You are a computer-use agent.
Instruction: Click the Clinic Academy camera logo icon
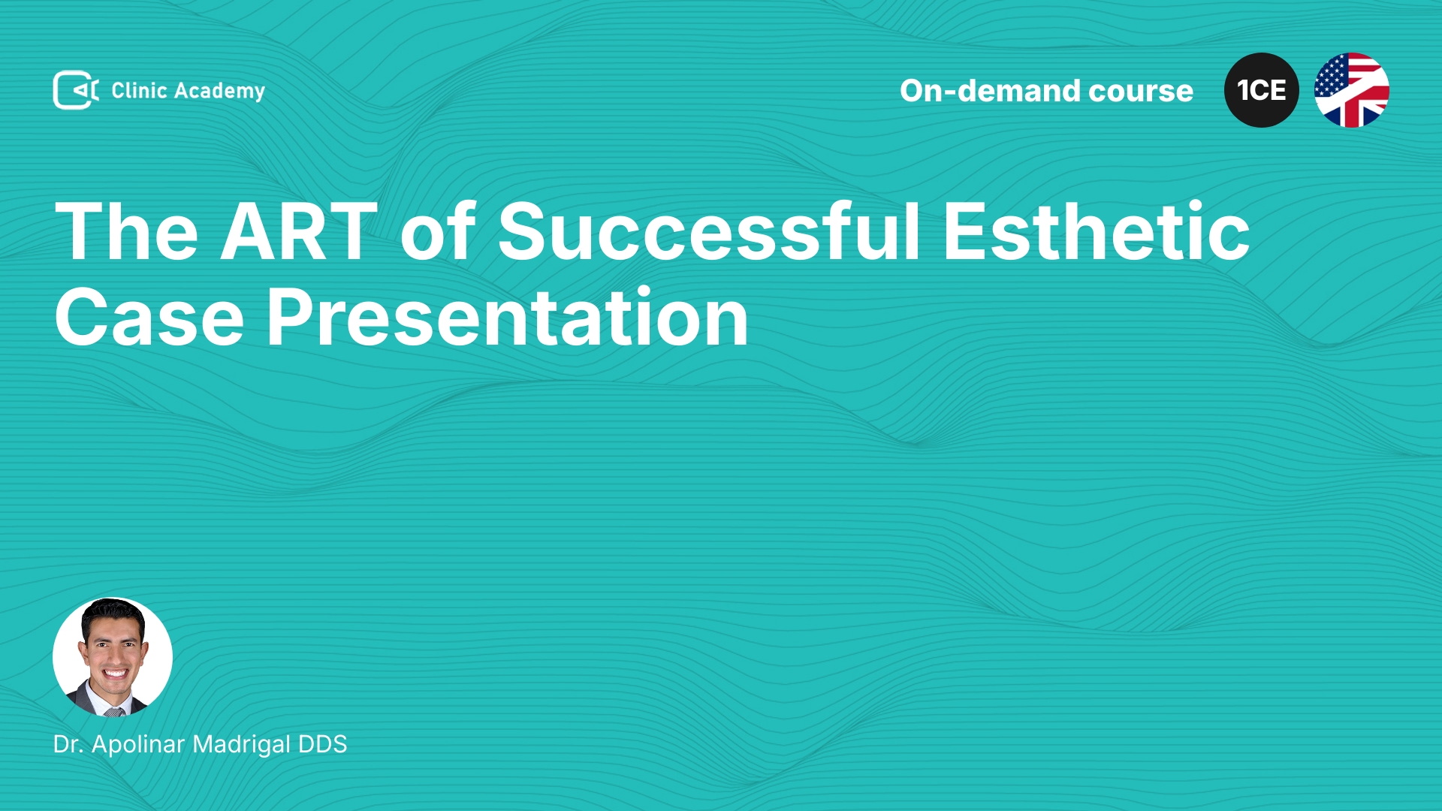tap(76, 90)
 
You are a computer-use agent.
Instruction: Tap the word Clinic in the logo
tap(139, 90)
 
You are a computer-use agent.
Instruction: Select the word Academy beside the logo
tap(219, 92)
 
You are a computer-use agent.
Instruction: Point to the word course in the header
tap(1141, 92)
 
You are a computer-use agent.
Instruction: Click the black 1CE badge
tap(1262, 90)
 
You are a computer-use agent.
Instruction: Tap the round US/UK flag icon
tap(1352, 90)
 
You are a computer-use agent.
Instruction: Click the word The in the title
tap(127, 231)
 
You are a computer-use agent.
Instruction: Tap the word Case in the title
tap(149, 318)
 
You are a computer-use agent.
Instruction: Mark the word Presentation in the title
tap(508, 318)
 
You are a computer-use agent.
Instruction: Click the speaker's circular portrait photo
tap(113, 657)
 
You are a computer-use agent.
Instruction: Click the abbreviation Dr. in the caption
tap(68, 744)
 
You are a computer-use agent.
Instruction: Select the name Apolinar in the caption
tap(138, 745)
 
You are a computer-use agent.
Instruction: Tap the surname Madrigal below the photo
tap(242, 745)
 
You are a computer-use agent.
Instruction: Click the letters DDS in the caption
tap(323, 744)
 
